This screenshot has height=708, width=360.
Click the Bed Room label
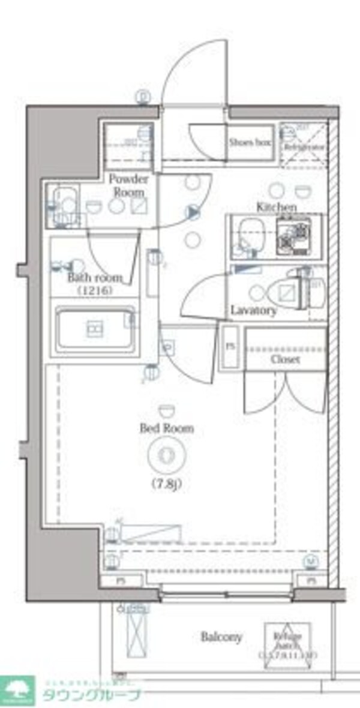click(x=158, y=428)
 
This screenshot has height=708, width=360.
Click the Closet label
click(x=285, y=359)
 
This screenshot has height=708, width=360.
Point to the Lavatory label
click(x=254, y=311)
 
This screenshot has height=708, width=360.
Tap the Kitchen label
click(x=277, y=207)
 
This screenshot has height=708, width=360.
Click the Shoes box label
click(x=250, y=143)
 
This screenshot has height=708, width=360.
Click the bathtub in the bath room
click(x=94, y=329)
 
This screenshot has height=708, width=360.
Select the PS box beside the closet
click(x=230, y=347)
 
